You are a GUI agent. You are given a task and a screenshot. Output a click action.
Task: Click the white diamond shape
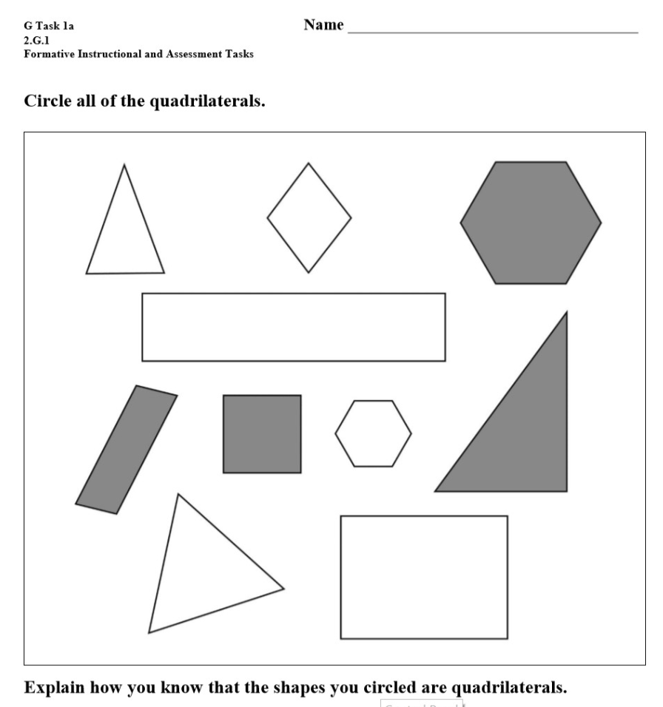coord(309,217)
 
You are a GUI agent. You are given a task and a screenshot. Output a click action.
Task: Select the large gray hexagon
coord(531,223)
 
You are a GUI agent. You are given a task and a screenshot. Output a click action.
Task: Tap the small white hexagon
coord(373,433)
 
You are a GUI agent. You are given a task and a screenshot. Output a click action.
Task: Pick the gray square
coord(262,434)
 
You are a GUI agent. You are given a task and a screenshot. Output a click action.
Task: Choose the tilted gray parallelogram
coord(127,450)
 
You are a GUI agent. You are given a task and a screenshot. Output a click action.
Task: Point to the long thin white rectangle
coord(294,328)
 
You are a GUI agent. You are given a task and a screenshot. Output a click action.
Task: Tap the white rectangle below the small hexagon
coord(424,577)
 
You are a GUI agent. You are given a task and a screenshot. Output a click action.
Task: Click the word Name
coord(323,25)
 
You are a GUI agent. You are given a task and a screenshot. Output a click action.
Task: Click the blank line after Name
coord(493,33)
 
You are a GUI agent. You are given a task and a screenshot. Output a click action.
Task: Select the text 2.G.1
coord(36,40)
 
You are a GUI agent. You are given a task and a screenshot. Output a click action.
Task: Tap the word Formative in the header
coord(49,54)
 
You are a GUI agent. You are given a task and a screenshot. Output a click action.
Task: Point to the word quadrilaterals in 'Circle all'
coord(207,101)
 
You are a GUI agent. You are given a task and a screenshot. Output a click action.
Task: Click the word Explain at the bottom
coord(54,688)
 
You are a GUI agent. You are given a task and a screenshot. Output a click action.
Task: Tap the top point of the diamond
coord(309,163)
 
